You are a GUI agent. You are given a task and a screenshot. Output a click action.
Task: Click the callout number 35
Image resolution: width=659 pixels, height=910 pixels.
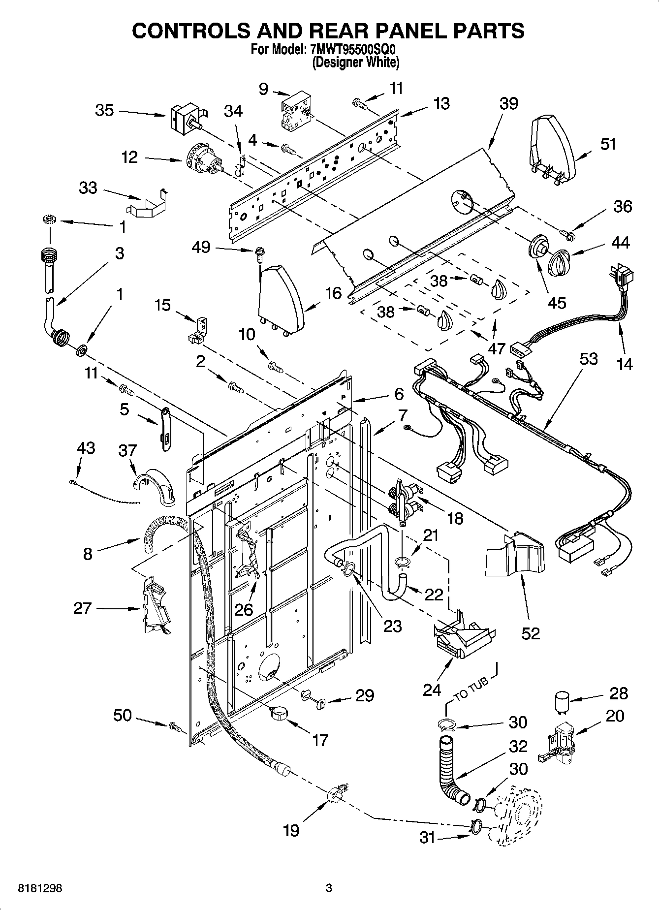[104, 110]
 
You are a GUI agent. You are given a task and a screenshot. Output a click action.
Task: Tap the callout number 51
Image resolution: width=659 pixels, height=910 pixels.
[608, 144]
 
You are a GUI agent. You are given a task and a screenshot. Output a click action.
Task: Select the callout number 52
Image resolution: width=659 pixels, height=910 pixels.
[531, 633]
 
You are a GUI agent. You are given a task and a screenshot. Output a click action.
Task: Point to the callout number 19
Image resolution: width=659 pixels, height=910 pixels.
[291, 831]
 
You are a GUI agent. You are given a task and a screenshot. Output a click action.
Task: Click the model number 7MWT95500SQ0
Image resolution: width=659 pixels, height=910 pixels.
[353, 50]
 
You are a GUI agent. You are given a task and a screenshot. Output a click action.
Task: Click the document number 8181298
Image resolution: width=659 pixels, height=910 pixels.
[40, 888]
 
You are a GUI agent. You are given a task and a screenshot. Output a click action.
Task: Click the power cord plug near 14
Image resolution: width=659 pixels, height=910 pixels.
[622, 278]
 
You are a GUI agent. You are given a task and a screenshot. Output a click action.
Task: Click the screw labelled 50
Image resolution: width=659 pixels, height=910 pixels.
[175, 726]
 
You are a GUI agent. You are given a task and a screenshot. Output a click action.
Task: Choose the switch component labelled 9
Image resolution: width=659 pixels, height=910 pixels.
[293, 109]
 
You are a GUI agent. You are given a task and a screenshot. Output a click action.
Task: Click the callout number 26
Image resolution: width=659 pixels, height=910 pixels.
[244, 610]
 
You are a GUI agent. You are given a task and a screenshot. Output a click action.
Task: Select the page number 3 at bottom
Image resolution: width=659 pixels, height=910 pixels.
[329, 888]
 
